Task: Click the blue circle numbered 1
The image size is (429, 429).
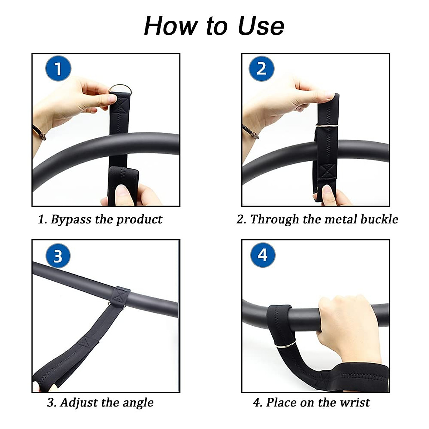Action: click(x=58, y=69)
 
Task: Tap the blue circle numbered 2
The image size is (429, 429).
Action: click(x=261, y=69)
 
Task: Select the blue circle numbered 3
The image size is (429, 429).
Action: click(x=58, y=256)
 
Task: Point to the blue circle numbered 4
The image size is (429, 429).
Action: click(x=263, y=255)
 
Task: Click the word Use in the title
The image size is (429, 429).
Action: click(x=261, y=26)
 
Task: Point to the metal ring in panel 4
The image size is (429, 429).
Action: click(x=285, y=345)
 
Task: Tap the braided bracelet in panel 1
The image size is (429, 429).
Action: click(x=39, y=132)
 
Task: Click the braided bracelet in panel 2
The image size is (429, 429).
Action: click(x=250, y=131)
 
